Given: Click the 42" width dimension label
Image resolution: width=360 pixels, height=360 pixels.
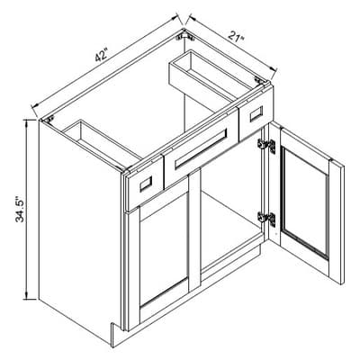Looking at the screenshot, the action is (102, 55).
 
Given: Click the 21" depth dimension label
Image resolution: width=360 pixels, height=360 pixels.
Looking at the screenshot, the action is (237, 37).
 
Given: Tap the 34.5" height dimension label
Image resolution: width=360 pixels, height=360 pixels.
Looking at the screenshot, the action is (21, 210).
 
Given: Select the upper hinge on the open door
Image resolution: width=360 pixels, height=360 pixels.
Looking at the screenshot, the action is (266, 146).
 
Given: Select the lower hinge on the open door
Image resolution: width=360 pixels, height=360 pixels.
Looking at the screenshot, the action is (266, 219).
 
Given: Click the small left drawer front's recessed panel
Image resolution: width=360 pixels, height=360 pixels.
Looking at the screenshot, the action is (146, 184).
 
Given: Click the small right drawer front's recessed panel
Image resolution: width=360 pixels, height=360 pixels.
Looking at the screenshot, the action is (256, 114).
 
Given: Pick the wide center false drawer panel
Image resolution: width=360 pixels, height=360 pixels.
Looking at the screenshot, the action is (201, 147).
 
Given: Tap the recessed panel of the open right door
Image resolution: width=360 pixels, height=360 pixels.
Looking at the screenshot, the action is (305, 203).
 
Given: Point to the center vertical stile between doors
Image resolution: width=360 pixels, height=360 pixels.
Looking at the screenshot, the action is (194, 230).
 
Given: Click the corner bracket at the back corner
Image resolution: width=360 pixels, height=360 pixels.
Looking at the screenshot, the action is (185, 37).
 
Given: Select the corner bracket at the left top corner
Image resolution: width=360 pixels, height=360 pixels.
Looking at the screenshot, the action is (48, 119).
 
